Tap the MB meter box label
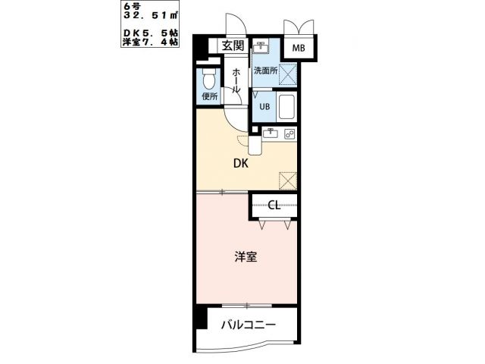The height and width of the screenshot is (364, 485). [x=299, y=49]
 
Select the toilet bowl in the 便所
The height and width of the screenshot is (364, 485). [x=209, y=78]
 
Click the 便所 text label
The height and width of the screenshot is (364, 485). [x=209, y=96]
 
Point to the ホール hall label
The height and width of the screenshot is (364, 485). [x=236, y=80]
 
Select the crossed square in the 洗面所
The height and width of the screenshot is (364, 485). [x=287, y=74]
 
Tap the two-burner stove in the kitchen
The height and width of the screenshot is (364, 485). [x=289, y=134]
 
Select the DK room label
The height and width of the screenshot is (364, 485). [x=240, y=162]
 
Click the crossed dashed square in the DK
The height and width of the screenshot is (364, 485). [x=288, y=180]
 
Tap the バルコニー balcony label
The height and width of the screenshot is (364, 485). [x=249, y=325]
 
